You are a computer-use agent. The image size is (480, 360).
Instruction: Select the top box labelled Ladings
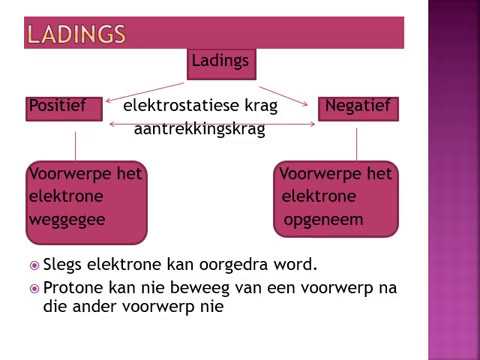(x=219, y=62)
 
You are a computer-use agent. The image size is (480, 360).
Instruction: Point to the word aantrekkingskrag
(x=199, y=128)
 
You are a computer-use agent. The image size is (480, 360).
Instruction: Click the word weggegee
(x=67, y=217)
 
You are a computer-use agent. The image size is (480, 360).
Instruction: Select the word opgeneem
(x=322, y=217)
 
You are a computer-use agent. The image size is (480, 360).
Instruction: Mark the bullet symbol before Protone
(x=35, y=289)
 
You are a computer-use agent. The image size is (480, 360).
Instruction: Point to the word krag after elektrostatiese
(x=258, y=105)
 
